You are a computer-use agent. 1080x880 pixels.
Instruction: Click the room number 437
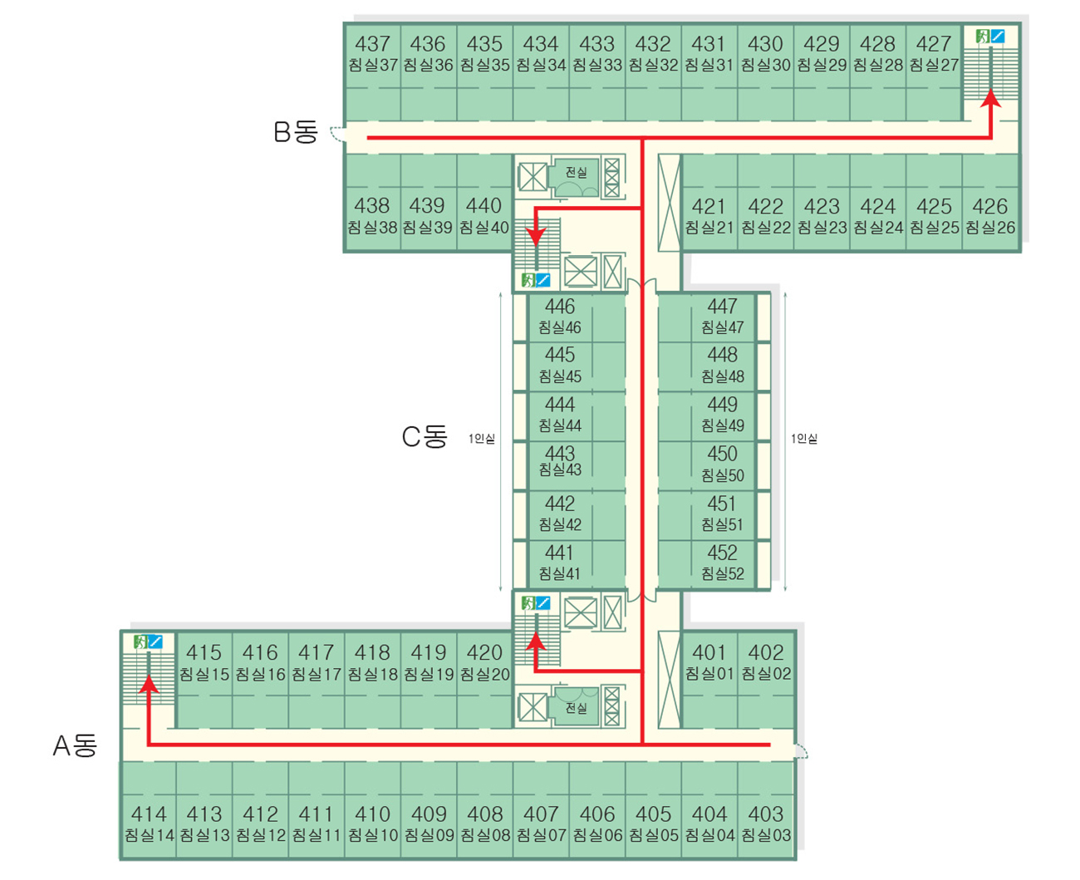(x=372, y=44)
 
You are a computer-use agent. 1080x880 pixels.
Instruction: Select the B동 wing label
(x=296, y=132)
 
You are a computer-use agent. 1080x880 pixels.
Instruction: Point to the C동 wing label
(x=425, y=436)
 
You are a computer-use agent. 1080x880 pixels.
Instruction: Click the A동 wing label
(x=76, y=745)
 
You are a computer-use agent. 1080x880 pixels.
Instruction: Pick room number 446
(x=560, y=307)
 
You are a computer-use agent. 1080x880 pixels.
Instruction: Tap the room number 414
(x=149, y=814)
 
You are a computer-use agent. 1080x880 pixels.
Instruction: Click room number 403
(x=766, y=814)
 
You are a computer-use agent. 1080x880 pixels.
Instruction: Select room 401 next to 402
(x=709, y=653)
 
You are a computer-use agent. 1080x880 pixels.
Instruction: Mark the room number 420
(x=484, y=653)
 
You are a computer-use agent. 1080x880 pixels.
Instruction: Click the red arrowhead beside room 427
(x=990, y=100)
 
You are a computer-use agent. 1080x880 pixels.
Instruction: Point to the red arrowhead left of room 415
(x=149, y=684)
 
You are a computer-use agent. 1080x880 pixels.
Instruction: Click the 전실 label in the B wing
(x=576, y=172)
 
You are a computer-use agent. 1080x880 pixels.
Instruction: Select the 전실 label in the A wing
(x=576, y=708)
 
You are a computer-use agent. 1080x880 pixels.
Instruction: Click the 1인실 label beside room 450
(x=803, y=439)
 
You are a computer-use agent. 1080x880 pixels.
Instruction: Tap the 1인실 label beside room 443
(x=482, y=439)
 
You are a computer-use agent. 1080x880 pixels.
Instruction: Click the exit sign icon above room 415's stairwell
(x=140, y=642)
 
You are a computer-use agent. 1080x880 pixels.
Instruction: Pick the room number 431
(x=709, y=44)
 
